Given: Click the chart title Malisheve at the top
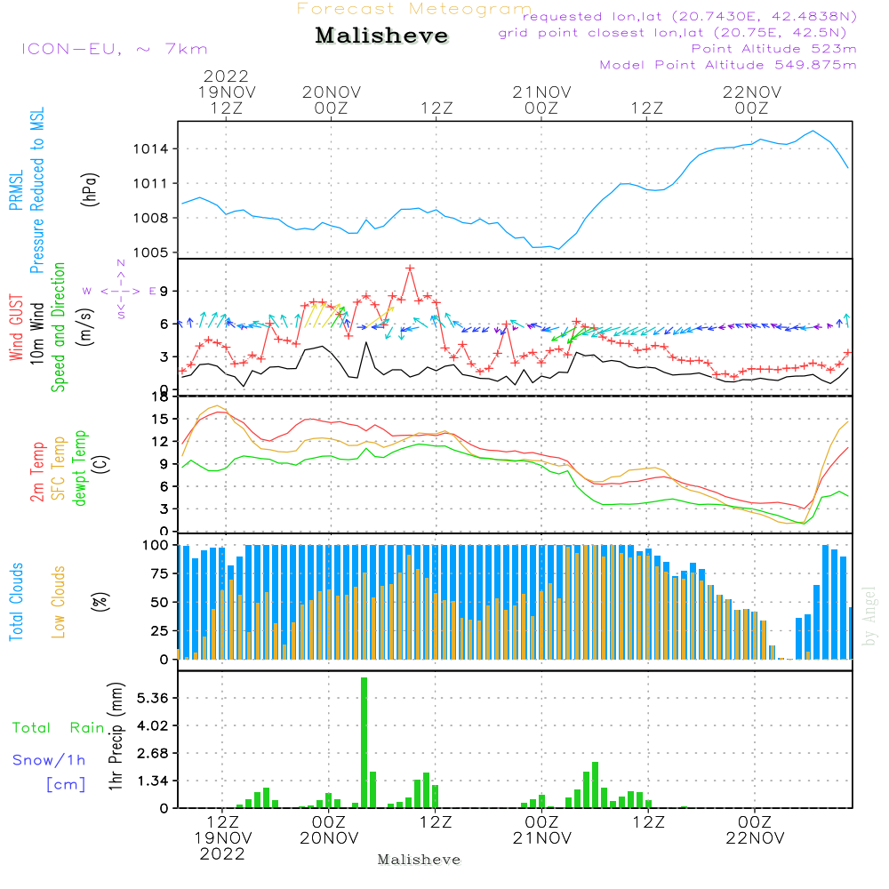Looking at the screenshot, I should pos(381,36).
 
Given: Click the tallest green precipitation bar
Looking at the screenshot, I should pos(364,742).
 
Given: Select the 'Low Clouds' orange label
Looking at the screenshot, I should pos(59,601).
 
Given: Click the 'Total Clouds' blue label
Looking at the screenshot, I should pos(17,601).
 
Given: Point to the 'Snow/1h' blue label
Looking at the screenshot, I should pos(50,760).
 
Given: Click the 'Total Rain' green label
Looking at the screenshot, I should pos(58,728).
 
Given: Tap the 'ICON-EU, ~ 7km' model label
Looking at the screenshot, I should pos(114,48).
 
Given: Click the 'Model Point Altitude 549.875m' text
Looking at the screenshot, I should pos(728,65).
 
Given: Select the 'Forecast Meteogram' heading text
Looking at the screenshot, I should pos(414,10).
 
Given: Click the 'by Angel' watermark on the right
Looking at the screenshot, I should pos(869,616).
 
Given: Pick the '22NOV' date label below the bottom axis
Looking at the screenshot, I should pos(755,838).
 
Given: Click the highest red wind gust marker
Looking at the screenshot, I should pos(410,268).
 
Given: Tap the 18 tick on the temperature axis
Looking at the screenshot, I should pos(163,396).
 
